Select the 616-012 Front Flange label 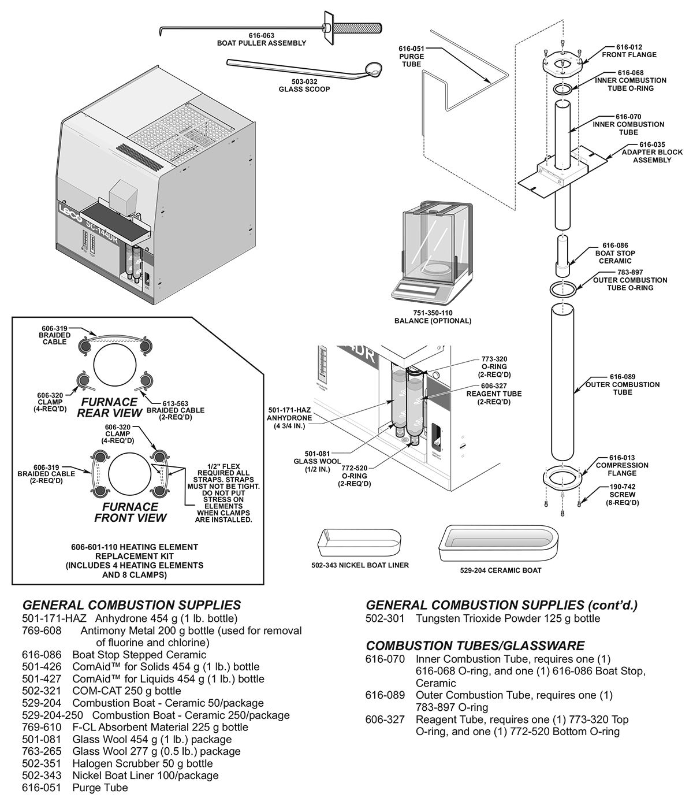pyautogui.click(x=629, y=51)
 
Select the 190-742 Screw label pyautogui.click(x=622, y=495)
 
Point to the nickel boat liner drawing pyautogui.click(x=358, y=543)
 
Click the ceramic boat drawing pyautogui.click(x=500, y=543)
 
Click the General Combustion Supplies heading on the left pyautogui.click(x=131, y=605)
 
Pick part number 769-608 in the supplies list pyautogui.click(x=42, y=630)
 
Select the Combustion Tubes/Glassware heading pyautogui.click(x=475, y=646)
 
